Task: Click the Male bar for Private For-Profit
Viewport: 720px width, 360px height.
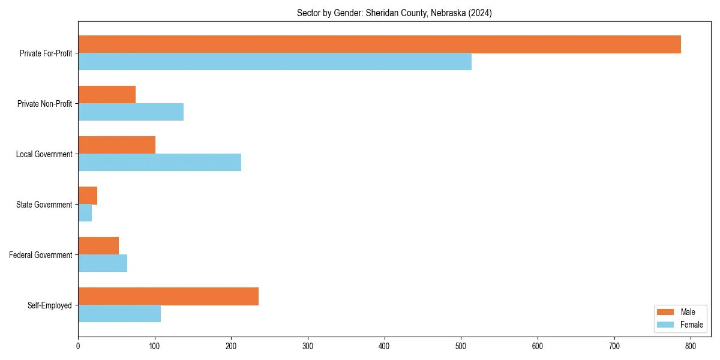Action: [x=379, y=44]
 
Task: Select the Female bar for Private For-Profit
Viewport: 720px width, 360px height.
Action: [x=275, y=62]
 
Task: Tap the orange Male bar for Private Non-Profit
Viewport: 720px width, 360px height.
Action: [x=107, y=95]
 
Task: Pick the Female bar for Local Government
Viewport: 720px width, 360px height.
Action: [x=160, y=163]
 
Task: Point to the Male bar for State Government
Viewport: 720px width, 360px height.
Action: [x=88, y=196]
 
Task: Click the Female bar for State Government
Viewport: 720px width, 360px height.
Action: [x=85, y=213]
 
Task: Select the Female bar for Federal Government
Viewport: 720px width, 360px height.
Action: [x=103, y=263]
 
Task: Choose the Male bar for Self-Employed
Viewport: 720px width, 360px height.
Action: [x=168, y=296]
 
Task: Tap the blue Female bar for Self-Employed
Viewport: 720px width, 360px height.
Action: [x=119, y=314]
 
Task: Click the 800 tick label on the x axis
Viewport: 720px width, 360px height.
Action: [x=691, y=346]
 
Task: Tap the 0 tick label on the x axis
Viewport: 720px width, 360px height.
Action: [x=78, y=346]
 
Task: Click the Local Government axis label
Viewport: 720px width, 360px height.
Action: [x=44, y=154]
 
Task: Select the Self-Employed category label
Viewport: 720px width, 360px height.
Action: [x=49, y=305]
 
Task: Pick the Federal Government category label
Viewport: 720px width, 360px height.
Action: [x=40, y=255]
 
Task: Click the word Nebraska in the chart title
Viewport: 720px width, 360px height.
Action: [x=447, y=13]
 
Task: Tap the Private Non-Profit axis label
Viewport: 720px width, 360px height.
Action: [x=44, y=104]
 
